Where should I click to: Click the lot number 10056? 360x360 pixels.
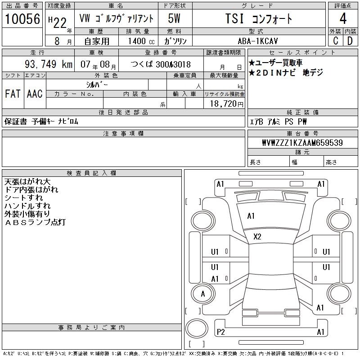[x=22, y=18]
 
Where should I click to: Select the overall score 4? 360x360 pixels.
[x=343, y=18]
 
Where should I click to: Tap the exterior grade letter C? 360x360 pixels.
[x=335, y=40]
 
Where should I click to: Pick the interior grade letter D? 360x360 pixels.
[x=350, y=40]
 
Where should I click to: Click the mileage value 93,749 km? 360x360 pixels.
[x=49, y=64]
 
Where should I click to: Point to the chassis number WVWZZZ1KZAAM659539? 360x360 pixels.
[x=302, y=143]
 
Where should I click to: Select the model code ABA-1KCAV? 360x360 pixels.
[x=257, y=41]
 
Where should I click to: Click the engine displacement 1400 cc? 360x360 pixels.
[x=141, y=41]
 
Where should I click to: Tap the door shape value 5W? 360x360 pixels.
[x=174, y=18]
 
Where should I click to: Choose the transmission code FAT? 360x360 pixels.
[x=13, y=94]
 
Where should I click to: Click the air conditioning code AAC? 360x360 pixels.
[x=35, y=94]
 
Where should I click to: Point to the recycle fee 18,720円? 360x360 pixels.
[x=227, y=104]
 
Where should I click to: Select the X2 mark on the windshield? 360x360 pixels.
[x=257, y=237]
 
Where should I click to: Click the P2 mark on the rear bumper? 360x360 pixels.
[x=220, y=332]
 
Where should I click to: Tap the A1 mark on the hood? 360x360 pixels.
[x=251, y=216]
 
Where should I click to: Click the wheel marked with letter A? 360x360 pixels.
[x=203, y=294]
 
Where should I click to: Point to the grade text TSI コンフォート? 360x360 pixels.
[x=258, y=18]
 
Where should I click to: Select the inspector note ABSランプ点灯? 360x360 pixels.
[x=35, y=222]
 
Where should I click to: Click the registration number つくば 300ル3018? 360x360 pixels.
[x=161, y=64]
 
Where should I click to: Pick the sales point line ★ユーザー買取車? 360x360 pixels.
[x=275, y=63]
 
